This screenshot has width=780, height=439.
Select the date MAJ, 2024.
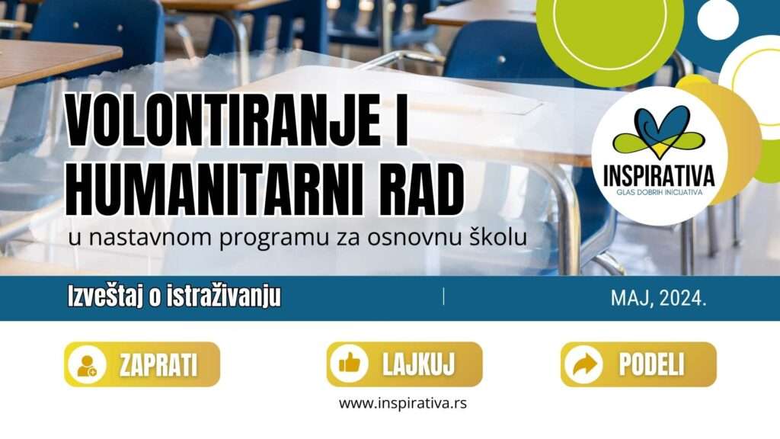(x=658, y=298)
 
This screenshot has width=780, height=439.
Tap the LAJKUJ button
(x=404, y=364)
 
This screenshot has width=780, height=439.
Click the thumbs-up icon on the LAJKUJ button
(x=349, y=364)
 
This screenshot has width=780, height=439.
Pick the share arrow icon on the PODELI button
(x=584, y=364)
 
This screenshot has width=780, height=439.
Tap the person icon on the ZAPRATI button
(x=87, y=365)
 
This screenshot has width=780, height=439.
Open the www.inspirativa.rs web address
(x=403, y=403)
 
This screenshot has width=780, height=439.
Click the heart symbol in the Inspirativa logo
(x=659, y=133)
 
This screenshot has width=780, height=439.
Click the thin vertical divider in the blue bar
(x=443, y=296)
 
